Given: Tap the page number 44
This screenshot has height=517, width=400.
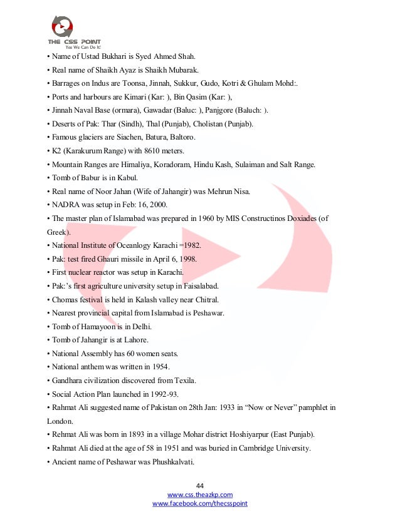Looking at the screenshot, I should (200, 486).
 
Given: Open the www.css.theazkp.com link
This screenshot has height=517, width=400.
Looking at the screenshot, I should (200, 494).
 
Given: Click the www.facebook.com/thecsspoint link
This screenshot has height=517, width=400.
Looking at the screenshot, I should (200, 503).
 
